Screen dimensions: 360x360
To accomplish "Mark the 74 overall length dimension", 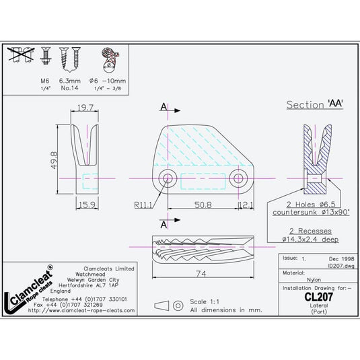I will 201,275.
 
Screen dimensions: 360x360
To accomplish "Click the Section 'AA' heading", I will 316,105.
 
